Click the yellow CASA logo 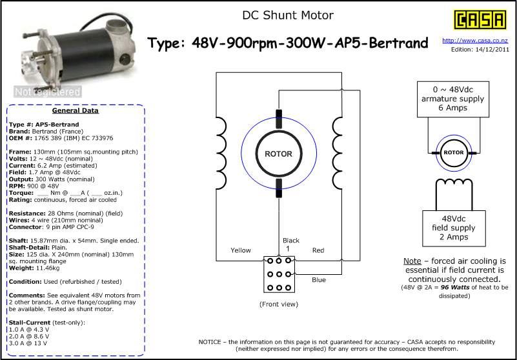[x=480, y=19]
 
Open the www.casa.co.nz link [x=475, y=41]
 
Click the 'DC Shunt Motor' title [x=288, y=15]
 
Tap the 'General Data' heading [x=75, y=110]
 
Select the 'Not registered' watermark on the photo [x=48, y=92]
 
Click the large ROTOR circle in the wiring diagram [x=279, y=154]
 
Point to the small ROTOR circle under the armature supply [x=454, y=153]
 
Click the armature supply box [x=452, y=99]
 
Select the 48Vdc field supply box [x=454, y=228]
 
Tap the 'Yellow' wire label [x=241, y=250]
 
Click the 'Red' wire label [x=318, y=250]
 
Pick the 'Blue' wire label [x=319, y=280]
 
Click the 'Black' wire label [x=291, y=241]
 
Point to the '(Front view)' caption [x=279, y=304]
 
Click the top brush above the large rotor [x=279, y=119]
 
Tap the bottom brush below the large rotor [x=279, y=188]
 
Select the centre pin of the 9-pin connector [x=279, y=274]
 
